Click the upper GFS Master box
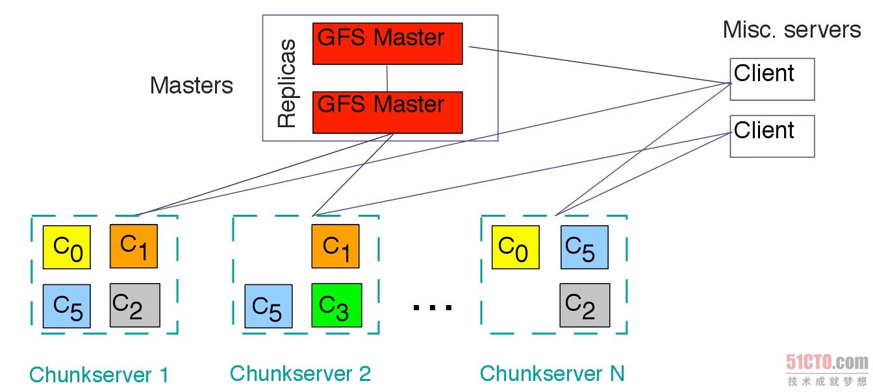click(x=387, y=43)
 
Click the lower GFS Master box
click(x=387, y=112)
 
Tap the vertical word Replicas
click(x=286, y=84)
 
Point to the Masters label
click(x=191, y=86)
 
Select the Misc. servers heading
click(x=791, y=30)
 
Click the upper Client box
click(x=772, y=80)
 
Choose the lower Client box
click(x=772, y=136)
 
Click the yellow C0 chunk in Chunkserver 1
click(x=66, y=247)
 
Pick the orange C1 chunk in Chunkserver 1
click(x=134, y=246)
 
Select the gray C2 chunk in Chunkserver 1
click(x=134, y=305)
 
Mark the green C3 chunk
click(x=335, y=306)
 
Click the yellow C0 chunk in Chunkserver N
click(x=515, y=247)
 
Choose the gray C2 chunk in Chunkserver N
click(x=585, y=305)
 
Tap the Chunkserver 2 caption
click(x=300, y=374)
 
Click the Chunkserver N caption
click(x=551, y=374)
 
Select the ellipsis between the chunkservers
click(x=432, y=306)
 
